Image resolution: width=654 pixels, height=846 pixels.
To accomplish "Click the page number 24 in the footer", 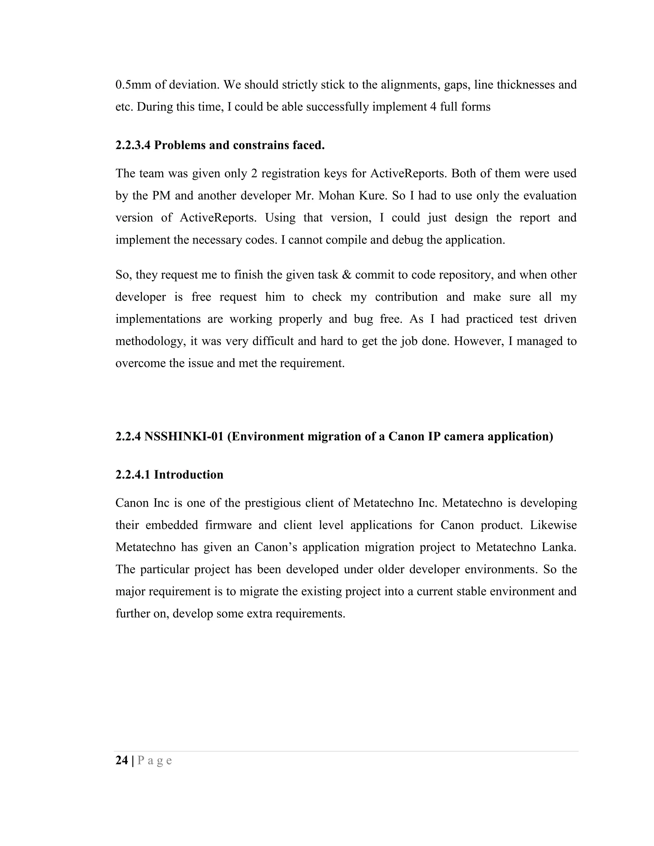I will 121,760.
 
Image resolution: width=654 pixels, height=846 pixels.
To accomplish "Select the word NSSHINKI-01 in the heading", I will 184,436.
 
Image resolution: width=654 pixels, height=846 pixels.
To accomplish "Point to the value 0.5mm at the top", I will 133,85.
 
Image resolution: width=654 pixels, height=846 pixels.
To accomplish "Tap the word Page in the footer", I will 155,760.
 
